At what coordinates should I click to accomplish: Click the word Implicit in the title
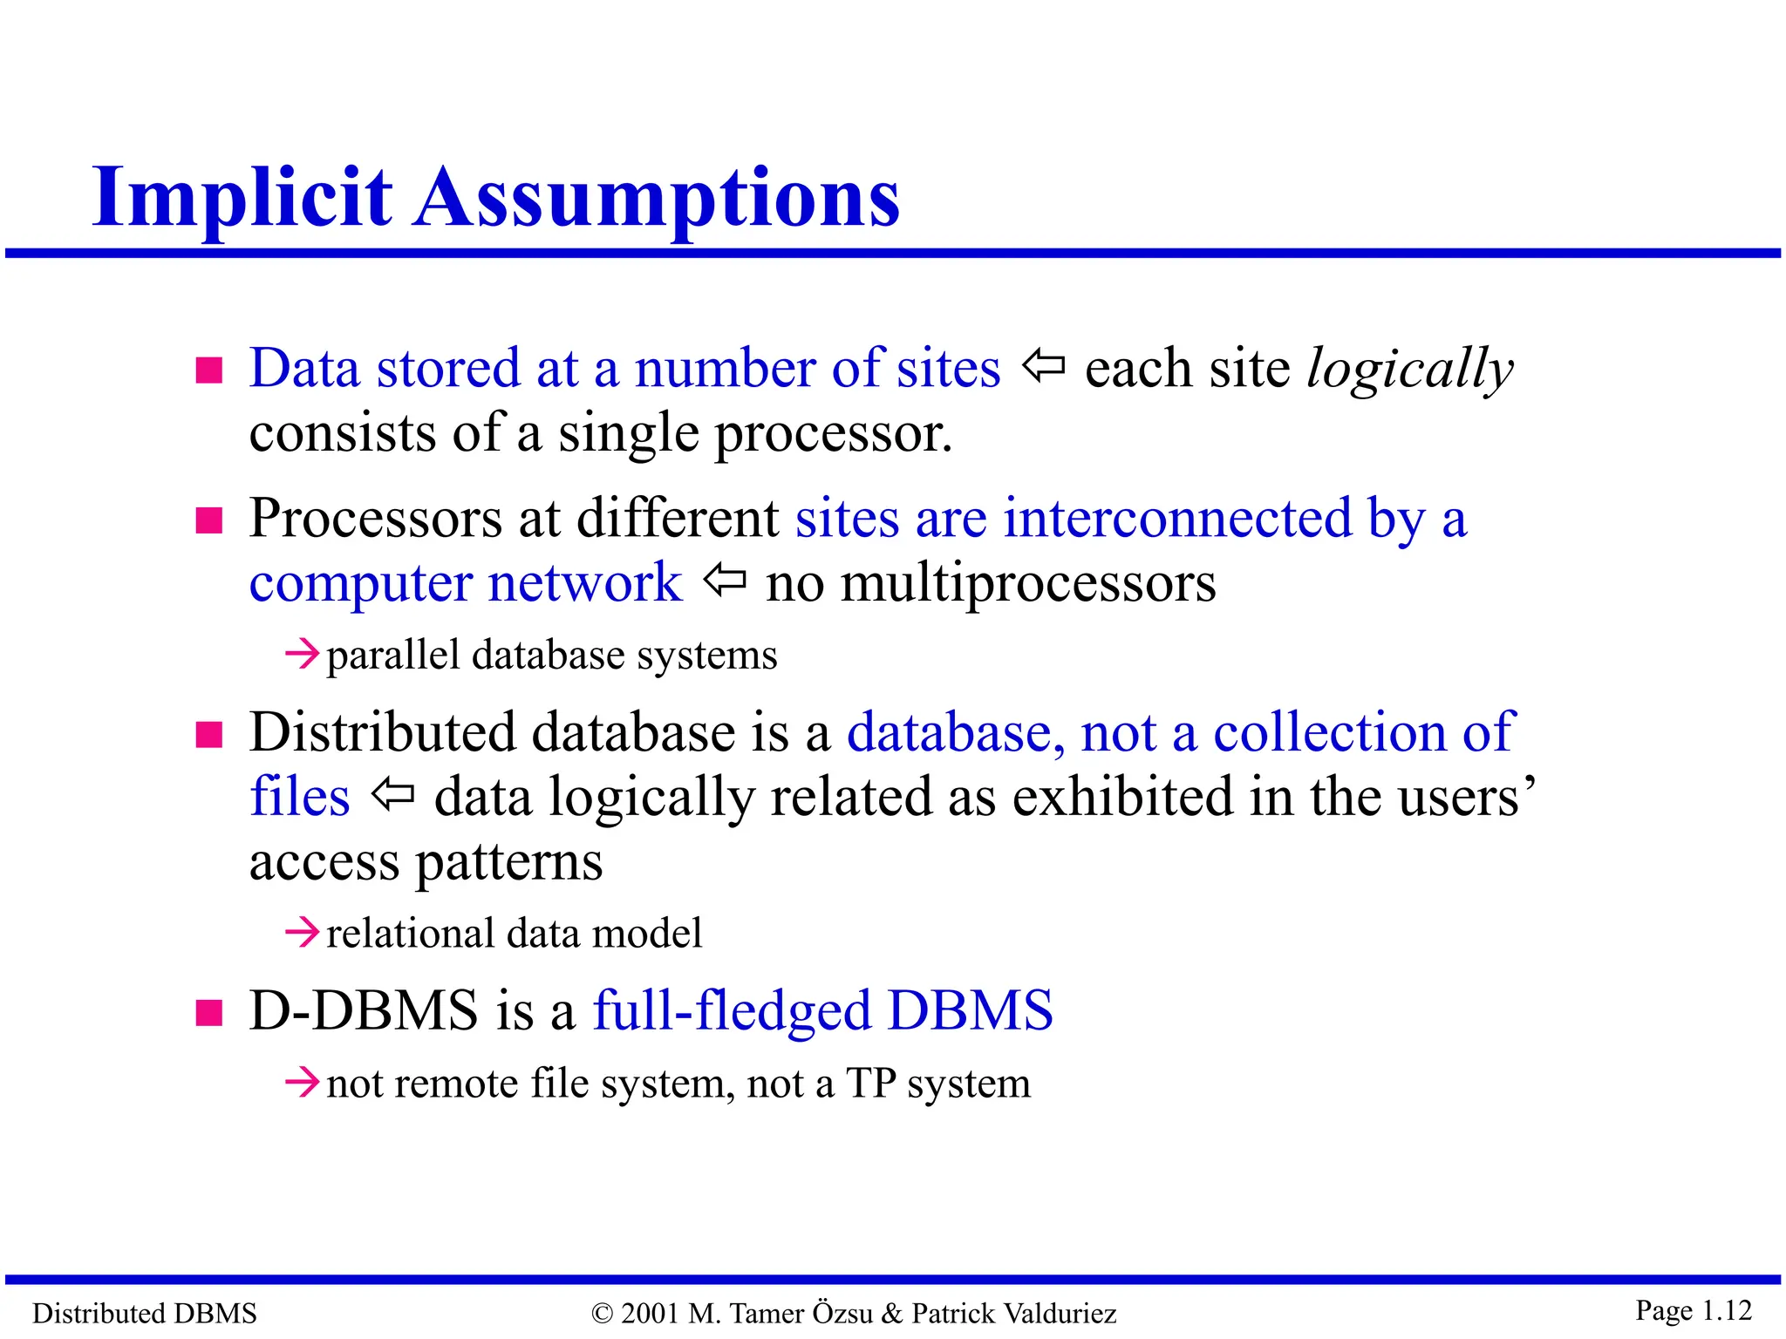(x=242, y=199)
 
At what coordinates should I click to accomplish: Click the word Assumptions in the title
(x=657, y=199)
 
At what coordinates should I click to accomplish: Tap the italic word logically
(x=1410, y=370)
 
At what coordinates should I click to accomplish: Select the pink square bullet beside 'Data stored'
(x=209, y=370)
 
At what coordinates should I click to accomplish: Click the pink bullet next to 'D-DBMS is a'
(x=209, y=1013)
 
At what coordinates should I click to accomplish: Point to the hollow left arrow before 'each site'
(x=1043, y=366)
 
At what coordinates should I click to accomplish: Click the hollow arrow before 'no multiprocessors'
(x=725, y=580)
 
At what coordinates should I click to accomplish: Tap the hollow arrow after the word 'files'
(x=392, y=794)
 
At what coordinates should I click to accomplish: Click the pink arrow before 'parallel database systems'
(x=303, y=654)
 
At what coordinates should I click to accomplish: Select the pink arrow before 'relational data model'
(x=303, y=933)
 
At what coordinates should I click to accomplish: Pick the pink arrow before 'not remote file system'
(x=303, y=1084)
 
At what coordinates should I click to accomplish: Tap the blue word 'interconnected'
(x=1177, y=518)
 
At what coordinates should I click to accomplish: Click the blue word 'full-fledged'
(x=732, y=1011)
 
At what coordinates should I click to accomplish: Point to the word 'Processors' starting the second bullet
(x=375, y=520)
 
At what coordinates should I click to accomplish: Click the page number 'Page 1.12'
(x=1693, y=1310)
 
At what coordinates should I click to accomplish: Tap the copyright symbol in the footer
(x=602, y=1314)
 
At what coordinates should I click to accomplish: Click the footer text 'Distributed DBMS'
(x=145, y=1314)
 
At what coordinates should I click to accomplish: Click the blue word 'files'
(x=300, y=797)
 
